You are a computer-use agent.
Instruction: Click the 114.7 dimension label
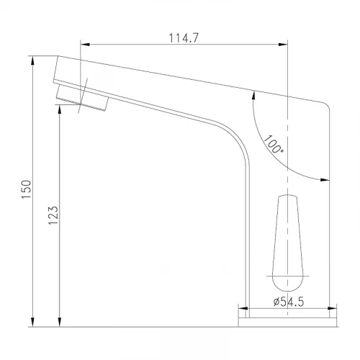pyautogui.click(x=184, y=38)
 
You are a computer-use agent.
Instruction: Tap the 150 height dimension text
pyautogui.click(x=27, y=189)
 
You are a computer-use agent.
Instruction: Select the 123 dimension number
pyautogui.click(x=53, y=215)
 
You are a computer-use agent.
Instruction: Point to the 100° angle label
pyautogui.click(x=274, y=145)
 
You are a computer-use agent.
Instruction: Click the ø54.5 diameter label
pyautogui.click(x=289, y=302)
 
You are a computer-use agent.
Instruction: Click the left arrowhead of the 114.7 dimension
pyautogui.click(x=85, y=45)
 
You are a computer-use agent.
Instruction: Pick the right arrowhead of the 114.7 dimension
pyautogui.click(x=283, y=45)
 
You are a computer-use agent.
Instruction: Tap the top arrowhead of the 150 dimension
pyautogui.click(x=32, y=60)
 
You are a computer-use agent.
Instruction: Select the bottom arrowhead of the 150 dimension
pyautogui.click(x=32, y=323)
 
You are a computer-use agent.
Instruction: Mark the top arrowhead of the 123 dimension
pyautogui.click(x=60, y=109)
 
